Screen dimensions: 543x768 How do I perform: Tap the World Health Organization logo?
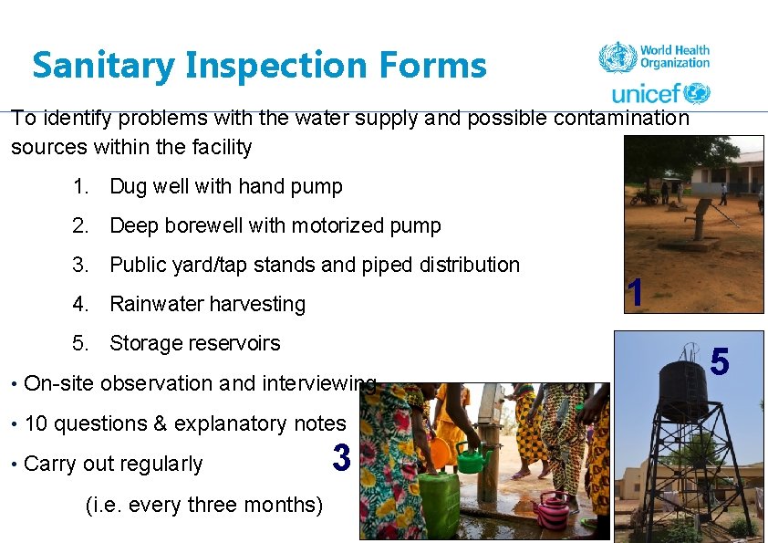pos(654,57)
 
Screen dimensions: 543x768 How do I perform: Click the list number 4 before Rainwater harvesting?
pos(81,304)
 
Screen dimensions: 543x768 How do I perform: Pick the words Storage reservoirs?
pos(194,344)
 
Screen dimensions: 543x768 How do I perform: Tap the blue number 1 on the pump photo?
pos(636,292)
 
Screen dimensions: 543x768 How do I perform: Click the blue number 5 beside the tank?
pos(719,362)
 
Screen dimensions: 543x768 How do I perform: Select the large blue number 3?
pos(342,458)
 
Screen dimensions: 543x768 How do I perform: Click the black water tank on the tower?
pos(682,391)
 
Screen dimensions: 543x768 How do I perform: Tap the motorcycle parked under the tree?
pos(646,196)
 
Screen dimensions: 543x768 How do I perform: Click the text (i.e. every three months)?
pos(203,505)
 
